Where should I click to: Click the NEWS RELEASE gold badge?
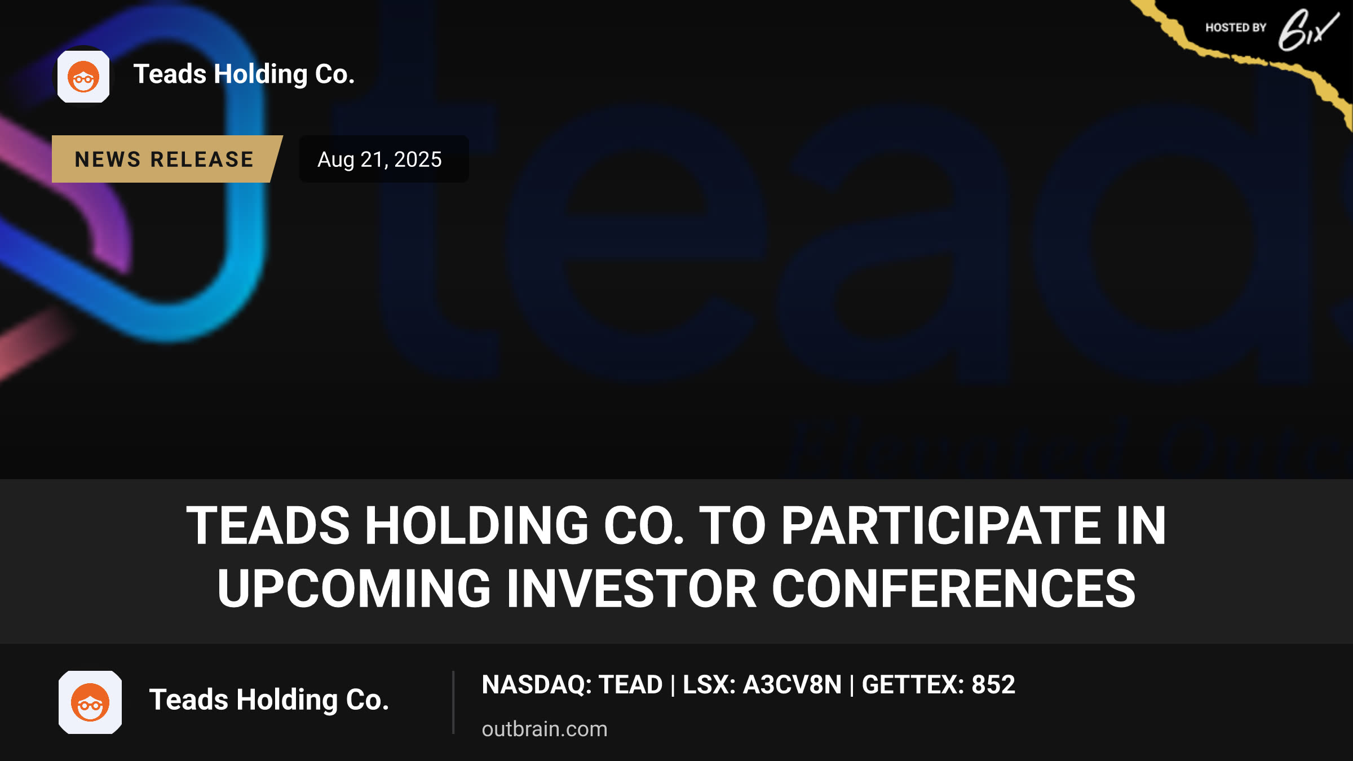(166, 159)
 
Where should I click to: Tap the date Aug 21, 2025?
(379, 160)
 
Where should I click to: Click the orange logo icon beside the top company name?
(83, 77)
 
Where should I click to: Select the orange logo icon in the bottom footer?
(90, 702)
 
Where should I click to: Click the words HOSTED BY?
(1236, 28)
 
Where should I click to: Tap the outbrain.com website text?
(545, 729)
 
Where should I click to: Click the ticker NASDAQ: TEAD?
(572, 684)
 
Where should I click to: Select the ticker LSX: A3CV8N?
(762, 684)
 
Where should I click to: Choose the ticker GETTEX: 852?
(939, 684)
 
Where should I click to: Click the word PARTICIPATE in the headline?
(941, 525)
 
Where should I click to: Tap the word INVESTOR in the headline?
(631, 589)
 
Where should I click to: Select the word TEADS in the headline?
(268, 525)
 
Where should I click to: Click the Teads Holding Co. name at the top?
(244, 74)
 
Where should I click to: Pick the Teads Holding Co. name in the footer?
(269, 700)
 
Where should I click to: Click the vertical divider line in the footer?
(453, 702)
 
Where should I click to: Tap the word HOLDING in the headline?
(477, 525)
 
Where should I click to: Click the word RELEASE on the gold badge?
(202, 160)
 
